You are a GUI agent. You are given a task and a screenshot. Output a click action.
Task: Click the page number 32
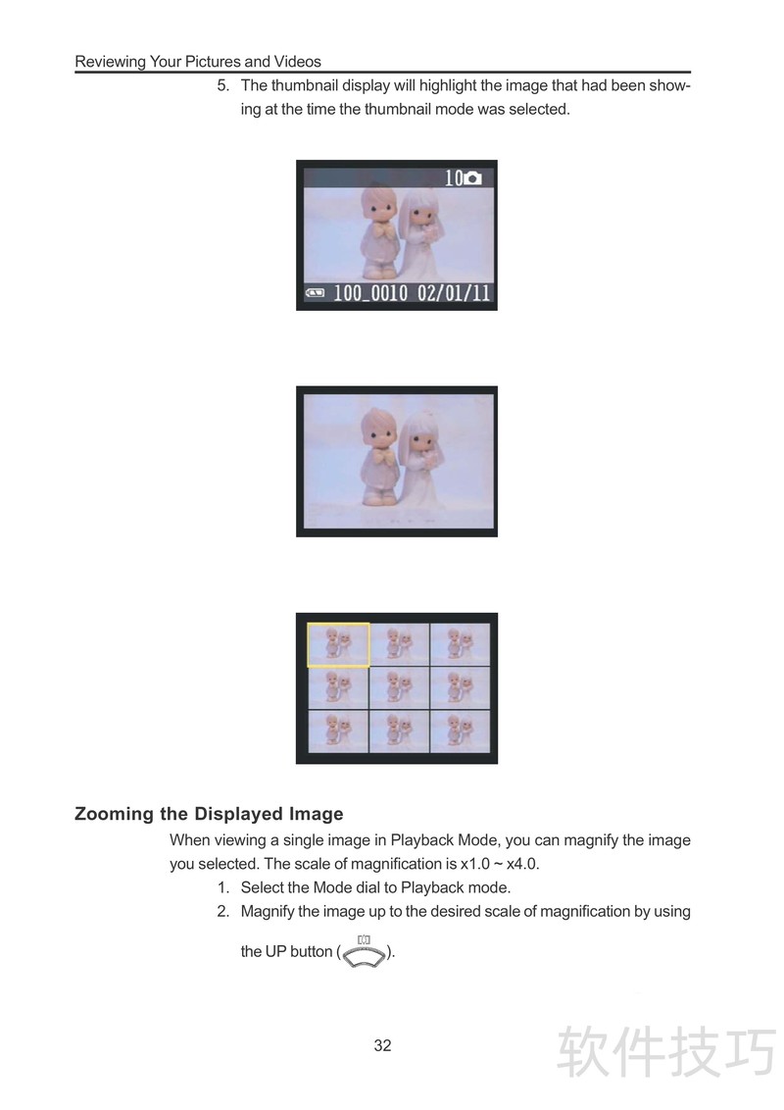[382, 1045]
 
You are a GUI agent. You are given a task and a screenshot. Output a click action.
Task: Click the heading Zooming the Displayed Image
[209, 814]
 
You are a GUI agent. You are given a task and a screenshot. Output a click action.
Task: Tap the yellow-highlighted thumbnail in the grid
[338, 644]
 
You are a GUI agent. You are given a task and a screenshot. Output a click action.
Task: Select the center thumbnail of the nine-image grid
[399, 686]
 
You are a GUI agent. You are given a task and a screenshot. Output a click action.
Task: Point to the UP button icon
[365, 952]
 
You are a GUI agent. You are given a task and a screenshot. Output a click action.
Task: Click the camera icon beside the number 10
[472, 178]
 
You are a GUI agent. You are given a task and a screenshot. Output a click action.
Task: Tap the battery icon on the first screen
[315, 292]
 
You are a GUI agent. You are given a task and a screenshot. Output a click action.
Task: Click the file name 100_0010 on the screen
[370, 292]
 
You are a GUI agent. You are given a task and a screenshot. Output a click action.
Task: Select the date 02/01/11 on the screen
[454, 292]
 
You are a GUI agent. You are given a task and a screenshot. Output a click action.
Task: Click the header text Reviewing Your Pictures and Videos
[198, 62]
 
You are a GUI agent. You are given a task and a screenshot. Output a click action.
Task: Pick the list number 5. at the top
[223, 85]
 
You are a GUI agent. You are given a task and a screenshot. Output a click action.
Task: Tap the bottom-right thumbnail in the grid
[460, 732]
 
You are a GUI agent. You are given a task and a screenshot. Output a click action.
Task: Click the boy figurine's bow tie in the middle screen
[385, 457]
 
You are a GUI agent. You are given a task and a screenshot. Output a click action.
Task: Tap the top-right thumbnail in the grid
[460, 644]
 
